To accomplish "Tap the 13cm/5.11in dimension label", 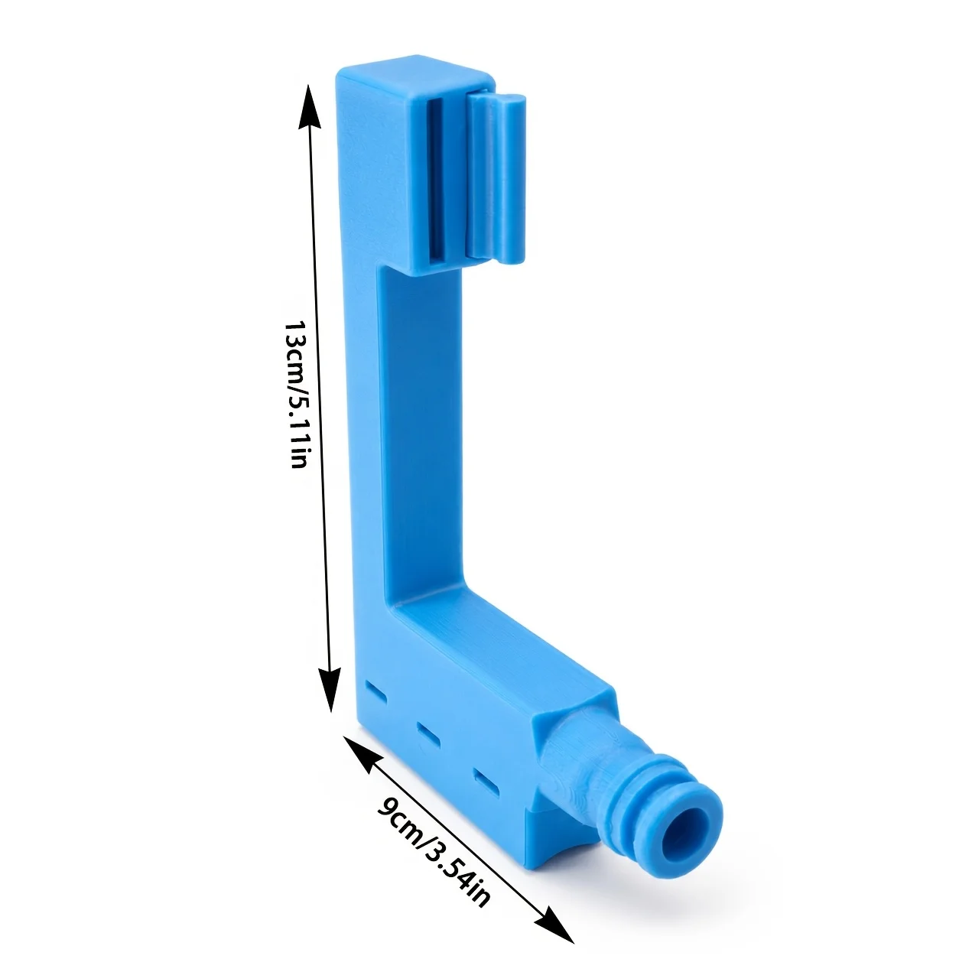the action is pos(297,395).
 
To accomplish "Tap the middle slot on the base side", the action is pos(428,735).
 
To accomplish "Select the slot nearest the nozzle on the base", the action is pos(486,782).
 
